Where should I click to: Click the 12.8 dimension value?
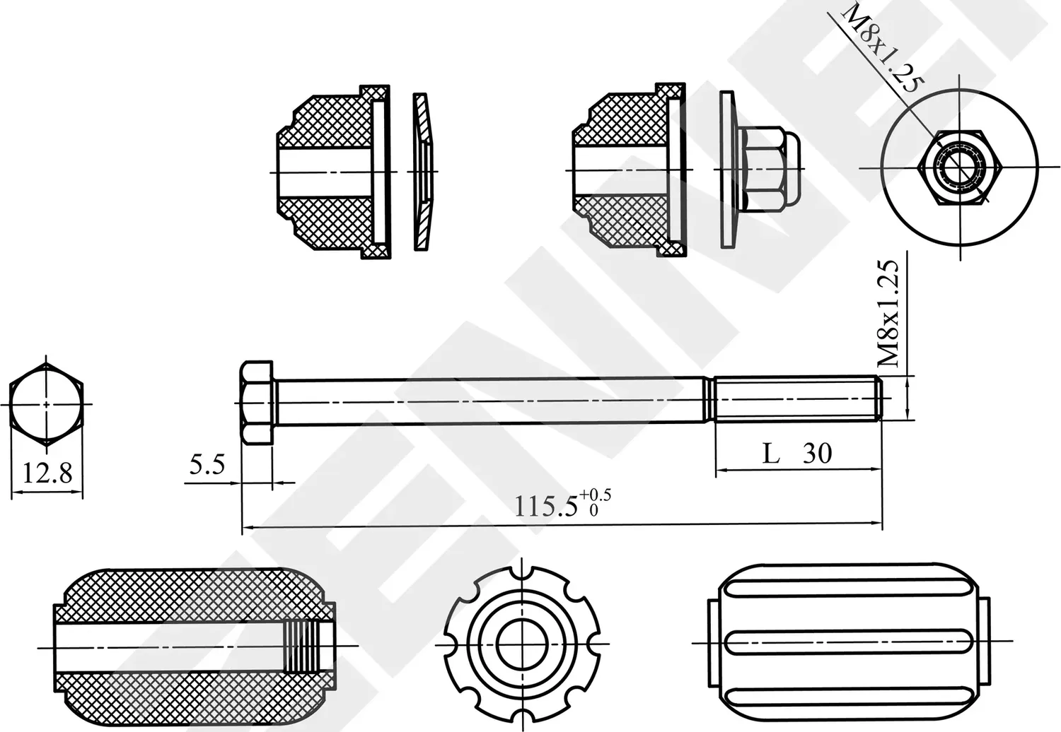47,473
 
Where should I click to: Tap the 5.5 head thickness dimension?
207,465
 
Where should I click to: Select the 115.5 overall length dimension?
545,506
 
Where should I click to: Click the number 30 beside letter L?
817,453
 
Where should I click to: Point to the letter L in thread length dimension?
771,453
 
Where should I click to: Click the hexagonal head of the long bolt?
257,403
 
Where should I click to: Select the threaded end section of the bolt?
796,399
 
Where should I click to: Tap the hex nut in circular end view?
960,168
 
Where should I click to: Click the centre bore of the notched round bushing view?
521,643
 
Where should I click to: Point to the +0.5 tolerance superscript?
595,494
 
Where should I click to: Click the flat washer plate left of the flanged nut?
727,170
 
